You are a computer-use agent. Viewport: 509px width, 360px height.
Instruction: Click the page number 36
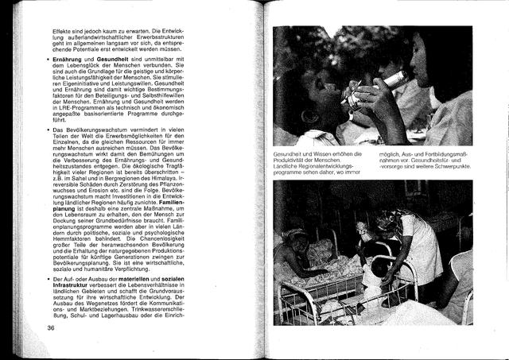[50, 327]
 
